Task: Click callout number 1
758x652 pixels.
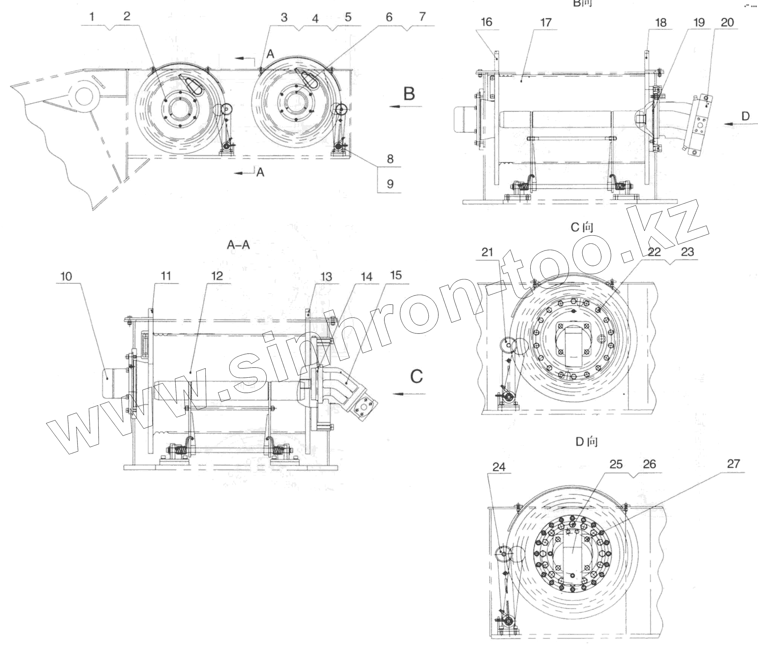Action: pyautogui.click(x=92, y=17)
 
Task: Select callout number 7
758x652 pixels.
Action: pyautogui.click(x=422, y=17)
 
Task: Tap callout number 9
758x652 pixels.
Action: pyautogui.click(x=390, y=184)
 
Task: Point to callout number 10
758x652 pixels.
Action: pyautogui.click(x=66, y=276)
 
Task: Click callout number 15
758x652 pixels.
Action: pyautogui.click(x=396, y=276)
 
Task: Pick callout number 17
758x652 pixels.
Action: pyautogui.click(x=546, y=22)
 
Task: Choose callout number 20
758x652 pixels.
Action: pyautogui.click(x=727, y=22)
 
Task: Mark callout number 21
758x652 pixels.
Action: pyautogui.click(x=487, y=252)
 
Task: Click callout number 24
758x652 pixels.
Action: pyautogui.click(x=499, y=467)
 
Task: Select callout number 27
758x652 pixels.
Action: pyautogui.click(x=733, y=464)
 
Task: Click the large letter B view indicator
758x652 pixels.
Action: pyautogui.click(x=409, y=94)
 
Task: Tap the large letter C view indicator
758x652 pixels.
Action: pyautogui.click(x=417, y=376)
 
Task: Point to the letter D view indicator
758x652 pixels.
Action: pyautogui.click(x=745, y=116)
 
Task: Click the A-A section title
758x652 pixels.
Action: pyautogui.click(x=238, y=245)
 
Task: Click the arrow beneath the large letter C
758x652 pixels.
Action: pyautogui.click(x=409, y=394)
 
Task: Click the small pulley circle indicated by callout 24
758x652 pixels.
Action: pyautogui.click(x=503, y=555)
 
